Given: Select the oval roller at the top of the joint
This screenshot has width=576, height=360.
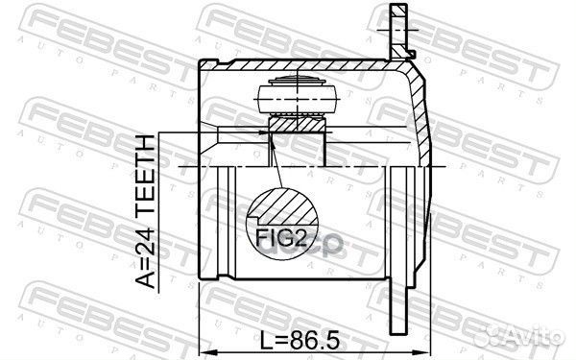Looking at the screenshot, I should [298, 96].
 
